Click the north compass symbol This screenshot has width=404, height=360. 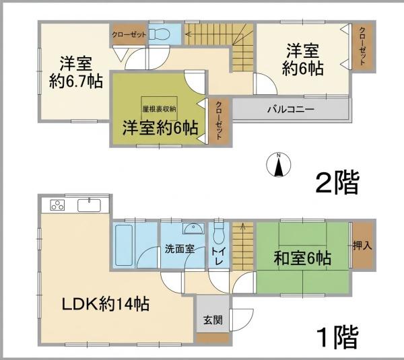click(x=278, y=165)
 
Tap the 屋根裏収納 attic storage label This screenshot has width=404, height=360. click(x=159, y=109)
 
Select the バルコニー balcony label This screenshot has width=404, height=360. click(x=291, y=110)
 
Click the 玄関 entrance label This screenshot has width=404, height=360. click(x=213, y=320)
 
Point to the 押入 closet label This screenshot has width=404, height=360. click(x=362, y=246)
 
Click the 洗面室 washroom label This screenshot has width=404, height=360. click(x=179, y=249)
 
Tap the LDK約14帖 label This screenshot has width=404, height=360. click(x=106, y=304)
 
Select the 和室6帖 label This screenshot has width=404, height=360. click(x=302, y=258)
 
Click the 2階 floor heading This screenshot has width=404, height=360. click(x=337, y=182)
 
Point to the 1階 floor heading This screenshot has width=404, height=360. click(x=338, y=337)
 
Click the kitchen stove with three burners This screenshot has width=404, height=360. click(x=57, y=205)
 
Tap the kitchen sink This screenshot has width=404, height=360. click(x=89, y=205)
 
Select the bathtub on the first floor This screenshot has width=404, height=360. click(x=124, y=245)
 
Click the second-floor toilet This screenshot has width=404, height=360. click(x=159, y=34)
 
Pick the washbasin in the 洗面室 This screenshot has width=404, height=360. click(x=193, y=228)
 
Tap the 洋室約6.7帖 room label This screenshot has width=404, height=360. click(x=76, y=73)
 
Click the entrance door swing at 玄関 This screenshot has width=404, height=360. click(x=242, y=320)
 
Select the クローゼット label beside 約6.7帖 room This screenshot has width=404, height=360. click(x=129, y=34)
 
